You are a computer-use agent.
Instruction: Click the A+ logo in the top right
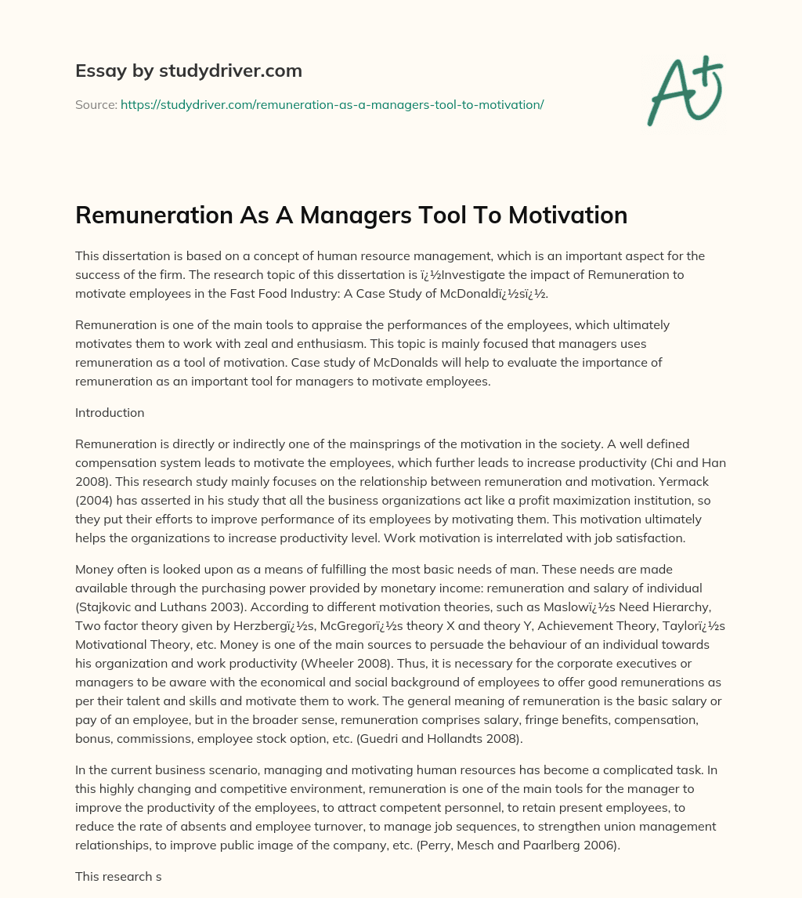685,91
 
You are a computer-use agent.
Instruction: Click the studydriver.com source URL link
332,104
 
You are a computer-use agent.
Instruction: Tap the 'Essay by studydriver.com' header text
188,71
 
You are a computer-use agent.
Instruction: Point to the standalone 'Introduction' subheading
109,412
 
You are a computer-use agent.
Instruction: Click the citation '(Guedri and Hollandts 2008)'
485,740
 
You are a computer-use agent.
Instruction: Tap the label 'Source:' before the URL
96,104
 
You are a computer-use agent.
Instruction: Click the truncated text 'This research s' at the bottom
118,877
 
